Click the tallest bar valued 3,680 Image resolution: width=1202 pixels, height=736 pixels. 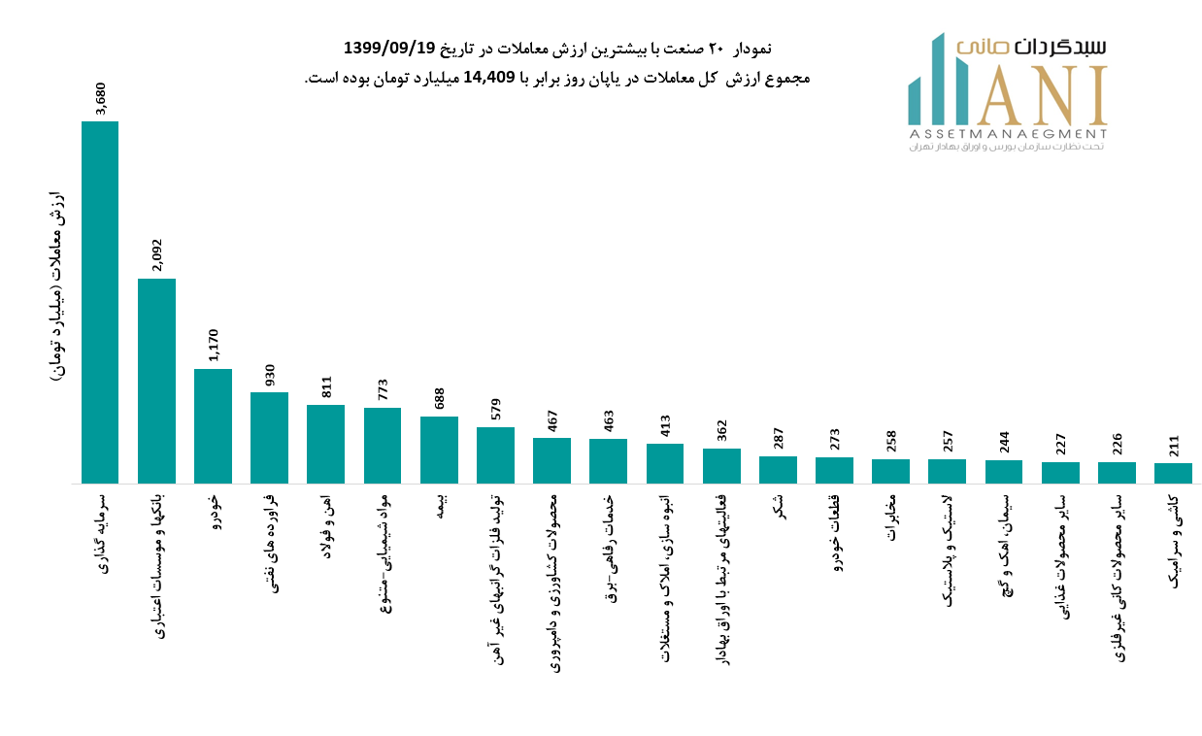[100, 302]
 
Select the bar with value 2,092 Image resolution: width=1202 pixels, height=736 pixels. [156, 381]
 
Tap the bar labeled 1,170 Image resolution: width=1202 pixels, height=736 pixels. [213, 425]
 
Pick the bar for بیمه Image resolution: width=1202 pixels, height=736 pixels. [439, 450]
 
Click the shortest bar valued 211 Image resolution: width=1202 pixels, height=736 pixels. [1173, 473]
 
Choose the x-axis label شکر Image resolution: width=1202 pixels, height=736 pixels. [779, 506]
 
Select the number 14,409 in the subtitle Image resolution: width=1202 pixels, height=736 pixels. [495, 78]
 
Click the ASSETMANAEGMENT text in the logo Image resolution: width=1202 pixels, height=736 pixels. [1008, 133]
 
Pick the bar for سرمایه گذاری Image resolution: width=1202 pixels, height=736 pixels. [100, 302]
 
